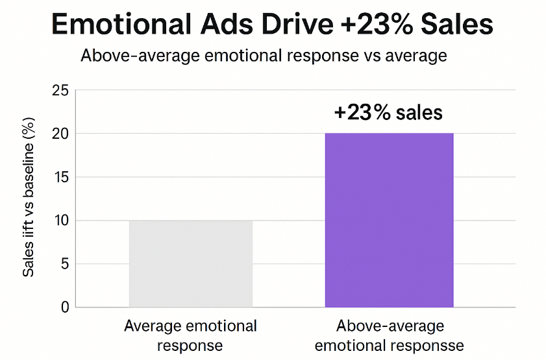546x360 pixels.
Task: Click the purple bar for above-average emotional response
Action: point(389,220)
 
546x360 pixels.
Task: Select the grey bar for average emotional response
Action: point(190,263)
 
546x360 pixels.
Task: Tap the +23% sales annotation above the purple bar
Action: point(388,112)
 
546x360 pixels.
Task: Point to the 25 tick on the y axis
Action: point(60,90)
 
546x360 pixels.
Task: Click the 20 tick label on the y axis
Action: point(60,134)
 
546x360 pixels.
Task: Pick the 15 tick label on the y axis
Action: point(60,177)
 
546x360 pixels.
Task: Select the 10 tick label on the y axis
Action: point(60,221)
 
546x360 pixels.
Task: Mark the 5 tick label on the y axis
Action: point(64,264)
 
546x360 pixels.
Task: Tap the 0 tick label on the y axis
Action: point(64,307)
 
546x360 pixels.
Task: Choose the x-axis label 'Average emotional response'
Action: point(190,335)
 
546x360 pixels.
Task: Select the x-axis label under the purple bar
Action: point(390,335)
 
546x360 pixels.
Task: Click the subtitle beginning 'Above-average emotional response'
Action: point(264,55)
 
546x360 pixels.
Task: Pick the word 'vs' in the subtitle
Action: point(367,55)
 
